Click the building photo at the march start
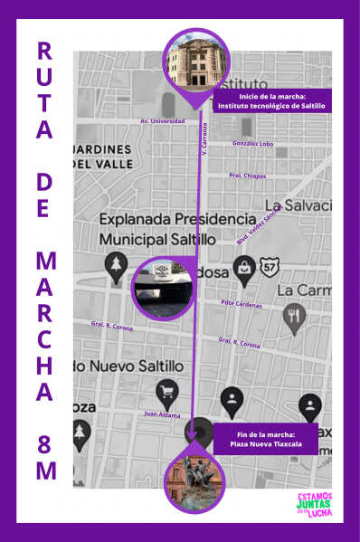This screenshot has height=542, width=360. pos(196,59)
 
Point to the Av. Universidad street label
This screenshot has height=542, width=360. pos(163,120)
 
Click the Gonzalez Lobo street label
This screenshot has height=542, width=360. pos(252,143)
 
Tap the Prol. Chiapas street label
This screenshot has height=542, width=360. pos(247,175)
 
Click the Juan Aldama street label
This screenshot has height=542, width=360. pos(162,414)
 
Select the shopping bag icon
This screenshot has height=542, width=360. pos(243,266)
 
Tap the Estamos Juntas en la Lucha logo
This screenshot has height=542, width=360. pos(315,505)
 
